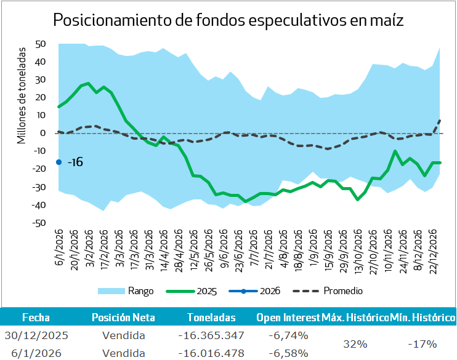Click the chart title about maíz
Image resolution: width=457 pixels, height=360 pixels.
[x=228, y=20]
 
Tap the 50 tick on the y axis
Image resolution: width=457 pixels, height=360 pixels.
[x=41, y=44]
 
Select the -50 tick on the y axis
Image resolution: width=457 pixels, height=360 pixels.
[x=39, y=223]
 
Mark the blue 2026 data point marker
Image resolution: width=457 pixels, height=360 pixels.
[x=59, y=162]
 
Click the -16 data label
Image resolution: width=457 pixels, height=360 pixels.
[x=75, y=162]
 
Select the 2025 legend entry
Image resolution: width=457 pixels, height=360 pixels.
[x=196, y=290]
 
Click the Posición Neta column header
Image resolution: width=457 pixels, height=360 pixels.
[x=123, y=318]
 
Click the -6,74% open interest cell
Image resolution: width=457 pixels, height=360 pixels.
[x=288, y=335]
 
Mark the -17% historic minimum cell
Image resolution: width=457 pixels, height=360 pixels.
[x=423, y=343]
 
